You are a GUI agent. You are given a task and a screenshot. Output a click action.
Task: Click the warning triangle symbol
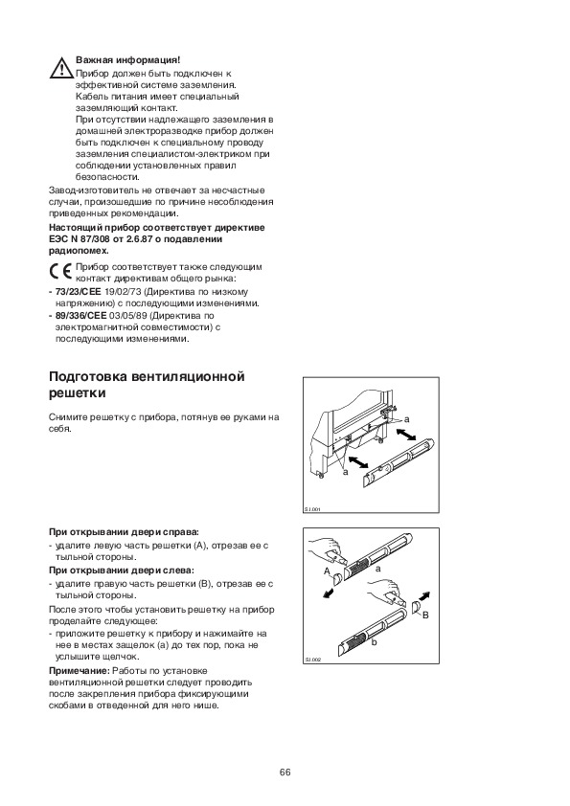tap(61, 68)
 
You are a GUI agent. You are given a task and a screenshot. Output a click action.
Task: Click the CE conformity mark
tap(60, 272)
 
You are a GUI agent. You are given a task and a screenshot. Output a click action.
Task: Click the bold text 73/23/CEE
tap(79, 291)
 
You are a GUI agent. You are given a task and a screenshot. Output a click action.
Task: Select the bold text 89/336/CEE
tap(80, 315)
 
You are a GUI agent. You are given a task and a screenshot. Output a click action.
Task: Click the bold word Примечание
tap(80, 671)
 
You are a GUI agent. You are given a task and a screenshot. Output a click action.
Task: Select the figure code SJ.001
tap(312, 509)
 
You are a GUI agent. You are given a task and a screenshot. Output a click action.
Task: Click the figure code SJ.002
tap(312, 660)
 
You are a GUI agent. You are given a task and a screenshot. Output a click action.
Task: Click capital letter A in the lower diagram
tap(327, 571)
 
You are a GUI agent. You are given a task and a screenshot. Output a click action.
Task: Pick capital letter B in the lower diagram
tap(425, 615)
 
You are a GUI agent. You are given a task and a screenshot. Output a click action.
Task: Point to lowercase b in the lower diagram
tap(374, 642)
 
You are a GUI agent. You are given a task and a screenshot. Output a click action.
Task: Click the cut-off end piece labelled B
tap(416, 610)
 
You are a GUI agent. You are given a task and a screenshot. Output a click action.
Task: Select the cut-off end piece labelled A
tap(336, 579)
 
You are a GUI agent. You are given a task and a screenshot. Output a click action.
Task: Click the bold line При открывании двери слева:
tap(122, 571)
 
